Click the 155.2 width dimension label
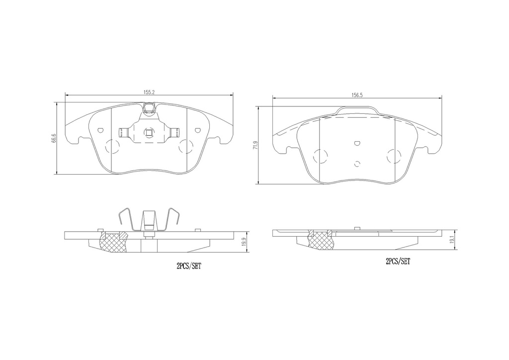click(x=149, y=92)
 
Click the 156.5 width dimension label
click(x=357, y=95)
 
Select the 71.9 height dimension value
click(x=255, y=145)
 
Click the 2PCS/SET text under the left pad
click(x=188, y=266)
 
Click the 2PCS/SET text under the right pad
click(x=398, y=262)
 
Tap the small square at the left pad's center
click(x=149, y=132)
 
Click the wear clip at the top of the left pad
click(x=149, y=108)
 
